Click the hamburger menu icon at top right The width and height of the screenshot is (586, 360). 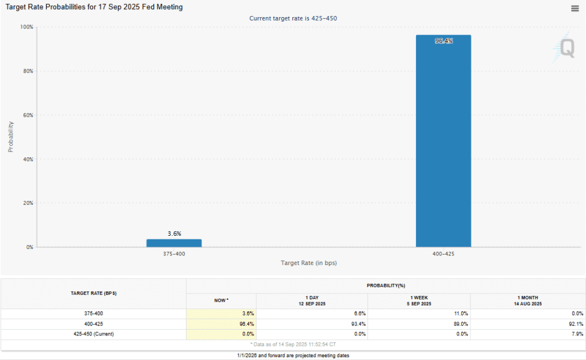[x=575, y=8]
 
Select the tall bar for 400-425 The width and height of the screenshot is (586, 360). [x=443, y=143]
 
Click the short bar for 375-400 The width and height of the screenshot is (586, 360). [x=174, y=243]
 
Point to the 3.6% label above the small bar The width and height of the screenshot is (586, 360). [x=174, y=234]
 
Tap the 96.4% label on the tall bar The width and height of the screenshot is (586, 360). [x=444, y=41]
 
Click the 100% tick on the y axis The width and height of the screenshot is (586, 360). [x=26, y=27]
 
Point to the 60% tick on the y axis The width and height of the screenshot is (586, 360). [x=27, y=115]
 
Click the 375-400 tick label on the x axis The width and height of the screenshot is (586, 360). [x=174, y=254]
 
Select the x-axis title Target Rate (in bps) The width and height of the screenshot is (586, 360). [x=308, y=263]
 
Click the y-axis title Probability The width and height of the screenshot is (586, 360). [x=10, y=137]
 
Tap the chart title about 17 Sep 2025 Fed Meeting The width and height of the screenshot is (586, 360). [x=94, y=7]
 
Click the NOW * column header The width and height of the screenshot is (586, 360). [x=221, y=300]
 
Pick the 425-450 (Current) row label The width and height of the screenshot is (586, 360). [x=93, y=334]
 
